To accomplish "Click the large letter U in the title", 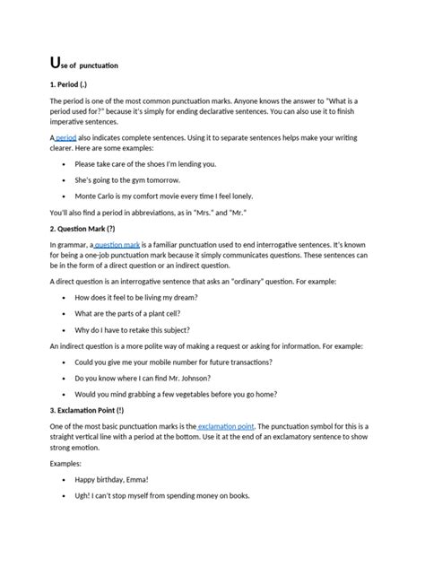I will pyautogui.click(x=56, y=63).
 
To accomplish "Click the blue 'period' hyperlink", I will pyautogui.click(x=65, y=138).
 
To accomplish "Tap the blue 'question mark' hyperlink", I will pyautogui.click(x=117, y=244).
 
